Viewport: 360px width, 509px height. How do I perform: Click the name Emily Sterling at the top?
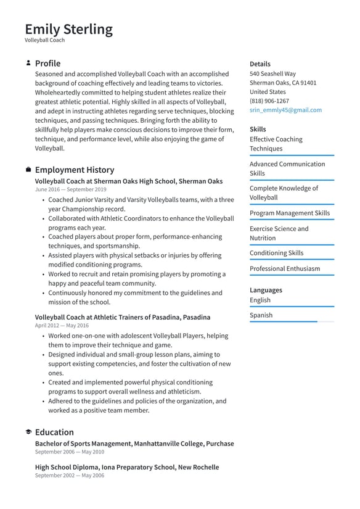pos(69,29)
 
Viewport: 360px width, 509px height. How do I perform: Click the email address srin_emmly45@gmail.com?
pos(285,110)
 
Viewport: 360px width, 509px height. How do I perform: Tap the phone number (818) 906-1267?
pos(269,101)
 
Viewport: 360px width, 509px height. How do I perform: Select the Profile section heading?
pos(47,64)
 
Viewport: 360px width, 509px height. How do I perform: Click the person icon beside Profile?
pos(28,63)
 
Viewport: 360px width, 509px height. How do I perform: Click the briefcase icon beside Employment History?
pos(28,170)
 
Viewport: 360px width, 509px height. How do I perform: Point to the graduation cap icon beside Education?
pos(28,432)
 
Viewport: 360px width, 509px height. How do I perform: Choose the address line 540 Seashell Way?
pos(272,73)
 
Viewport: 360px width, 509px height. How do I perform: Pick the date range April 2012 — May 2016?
pos(62,325)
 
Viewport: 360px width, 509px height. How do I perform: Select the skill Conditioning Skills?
pos(276,253)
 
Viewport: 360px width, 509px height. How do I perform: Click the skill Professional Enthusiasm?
pos(285,268)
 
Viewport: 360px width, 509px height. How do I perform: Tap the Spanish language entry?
pos(261,315)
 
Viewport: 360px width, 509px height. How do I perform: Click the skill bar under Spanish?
pos(292,322)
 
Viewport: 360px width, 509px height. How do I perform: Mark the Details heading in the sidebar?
pos(260,64)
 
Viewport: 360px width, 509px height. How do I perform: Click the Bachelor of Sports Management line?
pos(134,444)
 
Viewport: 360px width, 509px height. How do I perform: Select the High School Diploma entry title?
pos(126,467)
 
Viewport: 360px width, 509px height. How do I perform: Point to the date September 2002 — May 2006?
pos(70,476)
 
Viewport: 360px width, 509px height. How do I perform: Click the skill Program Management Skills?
pos(289,213)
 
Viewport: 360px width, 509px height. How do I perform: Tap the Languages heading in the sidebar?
pos(266,290)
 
